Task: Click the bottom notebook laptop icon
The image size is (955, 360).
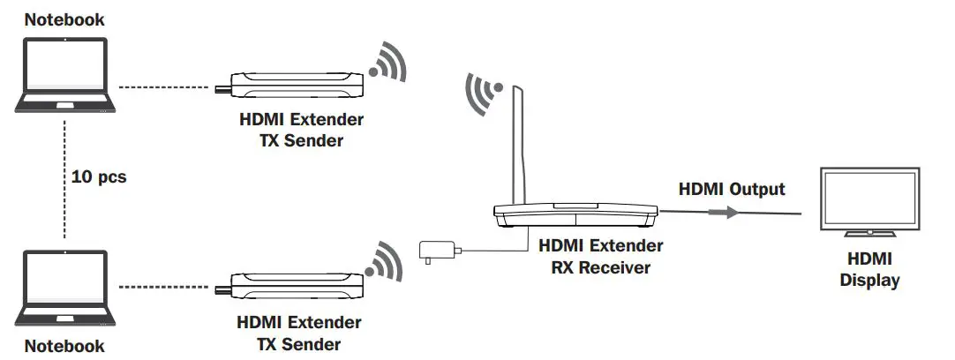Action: (65, 289)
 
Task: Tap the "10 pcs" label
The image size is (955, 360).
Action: (98, 177)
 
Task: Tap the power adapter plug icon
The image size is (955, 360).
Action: (436, 251)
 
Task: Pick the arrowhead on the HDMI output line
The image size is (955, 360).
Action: (731, 213)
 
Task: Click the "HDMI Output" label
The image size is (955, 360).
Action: (731, 189)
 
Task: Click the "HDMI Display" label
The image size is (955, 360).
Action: (869, 270)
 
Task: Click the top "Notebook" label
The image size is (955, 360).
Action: (64, 18)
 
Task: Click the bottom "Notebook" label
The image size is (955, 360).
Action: (64, 345)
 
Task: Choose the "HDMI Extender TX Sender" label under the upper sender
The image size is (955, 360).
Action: (300, 128)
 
